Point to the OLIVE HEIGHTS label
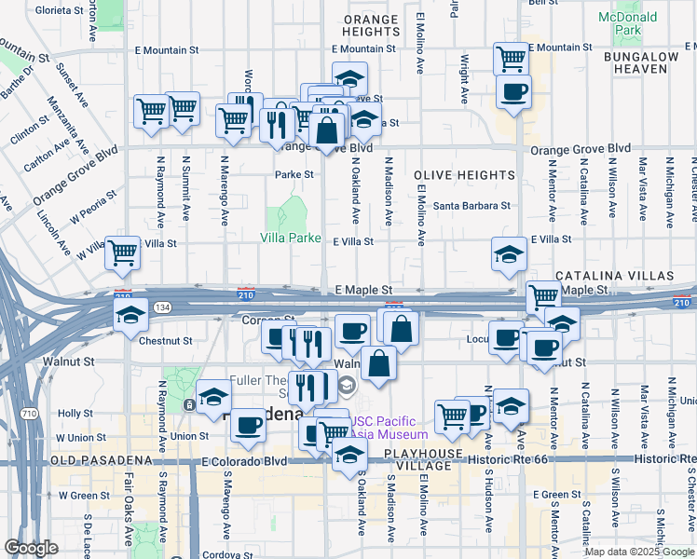point(465,175)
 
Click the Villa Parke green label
point(291,238)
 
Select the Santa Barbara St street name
point(471,205)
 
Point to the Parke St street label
point(294,174)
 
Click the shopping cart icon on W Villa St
point(122,252)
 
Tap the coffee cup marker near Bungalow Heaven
point(513,91)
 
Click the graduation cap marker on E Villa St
point(508,253)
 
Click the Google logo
point(32,547)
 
